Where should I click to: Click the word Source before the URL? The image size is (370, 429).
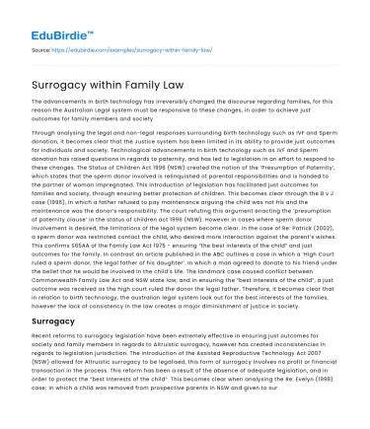pyautogui.click(x=41, y=47)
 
